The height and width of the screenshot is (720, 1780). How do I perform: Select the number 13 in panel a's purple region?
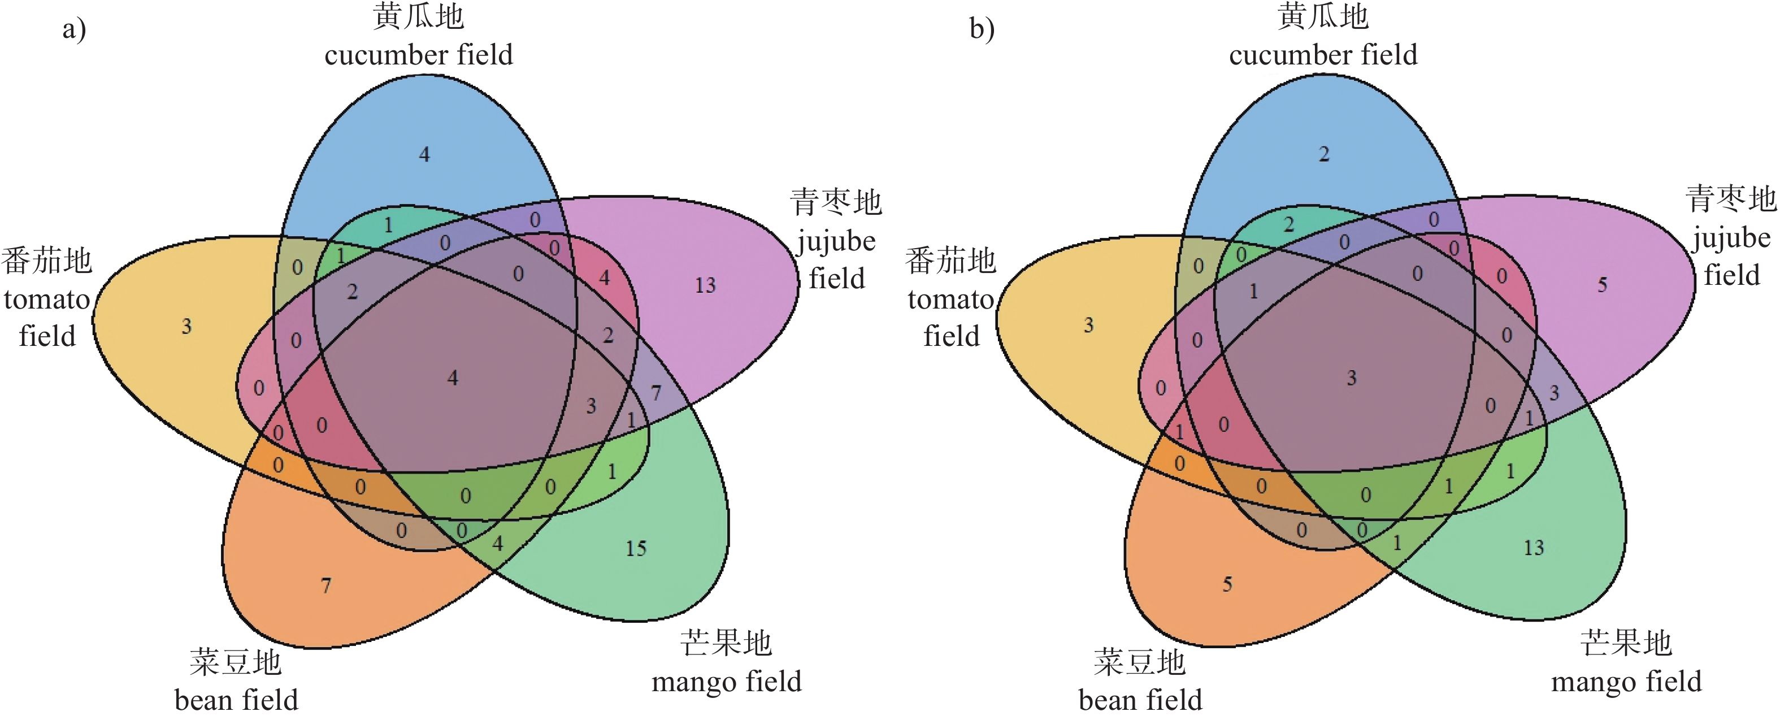click(705, 285)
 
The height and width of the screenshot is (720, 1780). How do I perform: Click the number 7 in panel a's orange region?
click(326, 585)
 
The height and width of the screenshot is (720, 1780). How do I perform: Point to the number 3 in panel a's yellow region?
click(186, 326)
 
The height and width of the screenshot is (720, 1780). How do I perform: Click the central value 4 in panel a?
click(453, 378)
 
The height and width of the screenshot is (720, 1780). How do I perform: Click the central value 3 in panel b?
click(1352, 378)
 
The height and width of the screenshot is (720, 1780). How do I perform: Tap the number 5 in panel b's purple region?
click(1603, 284)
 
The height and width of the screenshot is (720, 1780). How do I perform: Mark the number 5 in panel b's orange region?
click(1227, 584)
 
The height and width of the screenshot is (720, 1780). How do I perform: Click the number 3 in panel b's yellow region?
click(1089, 325)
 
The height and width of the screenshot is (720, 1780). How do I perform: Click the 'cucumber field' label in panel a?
click(419, 55)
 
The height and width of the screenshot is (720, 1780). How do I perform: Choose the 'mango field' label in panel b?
click(1626, 682)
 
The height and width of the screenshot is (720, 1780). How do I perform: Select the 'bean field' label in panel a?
click(236, 700)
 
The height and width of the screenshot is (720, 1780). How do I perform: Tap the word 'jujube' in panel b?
click(1731, 238)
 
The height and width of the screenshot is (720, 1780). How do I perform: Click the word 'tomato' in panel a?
click(47, 299)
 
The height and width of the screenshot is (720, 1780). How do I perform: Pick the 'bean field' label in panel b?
click(1140, 700)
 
